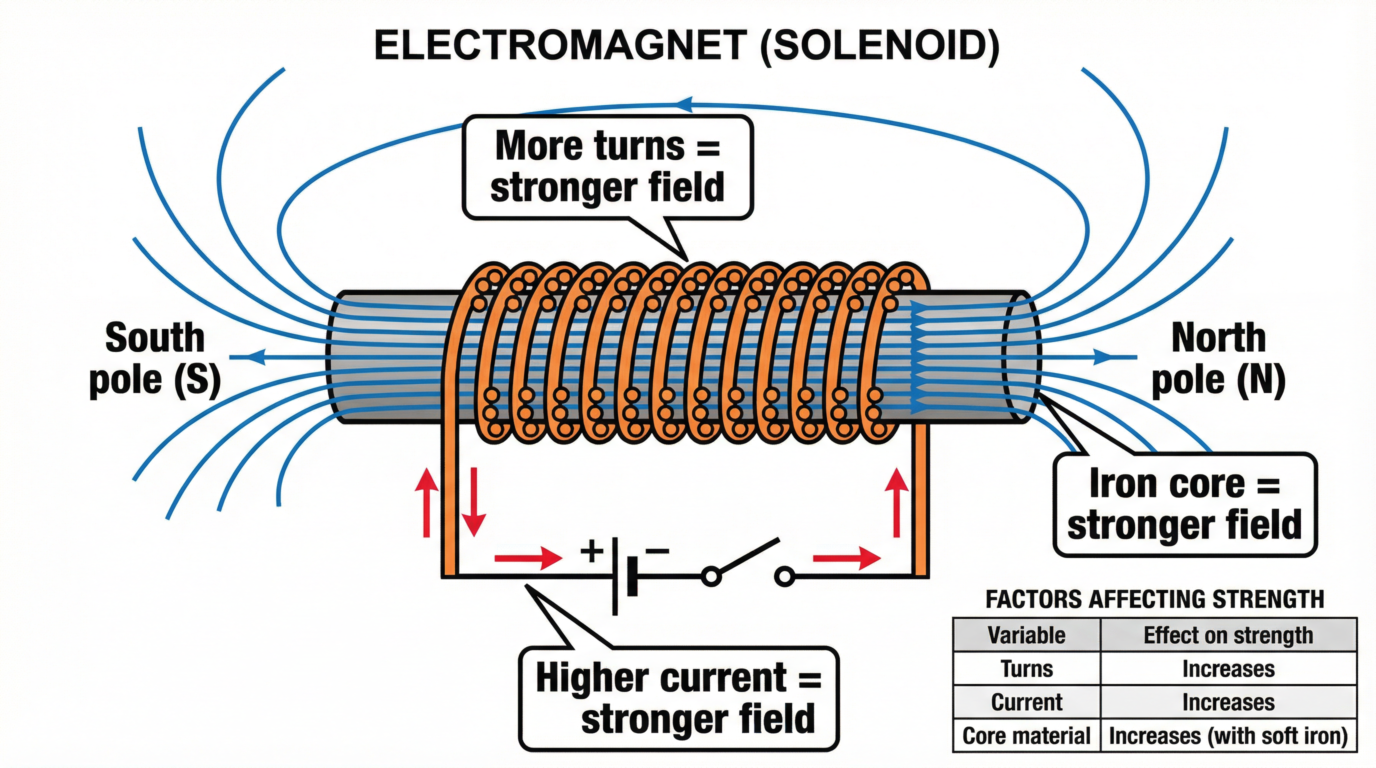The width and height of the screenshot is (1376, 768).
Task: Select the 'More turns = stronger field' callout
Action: point(607,166)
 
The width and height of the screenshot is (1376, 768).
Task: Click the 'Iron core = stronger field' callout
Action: point(1184,504)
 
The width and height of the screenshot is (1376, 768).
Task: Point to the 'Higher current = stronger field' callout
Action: point(678,698)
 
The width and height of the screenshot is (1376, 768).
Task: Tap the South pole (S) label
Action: point(155,359)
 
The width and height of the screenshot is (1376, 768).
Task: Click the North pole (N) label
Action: point(1218,359)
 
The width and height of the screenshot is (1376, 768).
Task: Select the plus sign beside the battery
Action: point(592,550)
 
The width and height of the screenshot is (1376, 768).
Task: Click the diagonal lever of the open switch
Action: point(745,557)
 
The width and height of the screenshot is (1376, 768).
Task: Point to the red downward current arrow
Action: point(473,501)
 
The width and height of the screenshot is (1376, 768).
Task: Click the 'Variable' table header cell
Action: point(1026,635)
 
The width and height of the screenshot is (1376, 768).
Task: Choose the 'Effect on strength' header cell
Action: point(1228,635)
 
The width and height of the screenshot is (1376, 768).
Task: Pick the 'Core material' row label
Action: point(1026,735)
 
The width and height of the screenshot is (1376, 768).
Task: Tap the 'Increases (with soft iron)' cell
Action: point(1228,735)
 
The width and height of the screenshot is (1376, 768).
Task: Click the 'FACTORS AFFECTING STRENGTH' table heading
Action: point(1154,599)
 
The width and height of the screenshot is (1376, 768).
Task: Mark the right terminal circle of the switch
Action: point(784,577)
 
